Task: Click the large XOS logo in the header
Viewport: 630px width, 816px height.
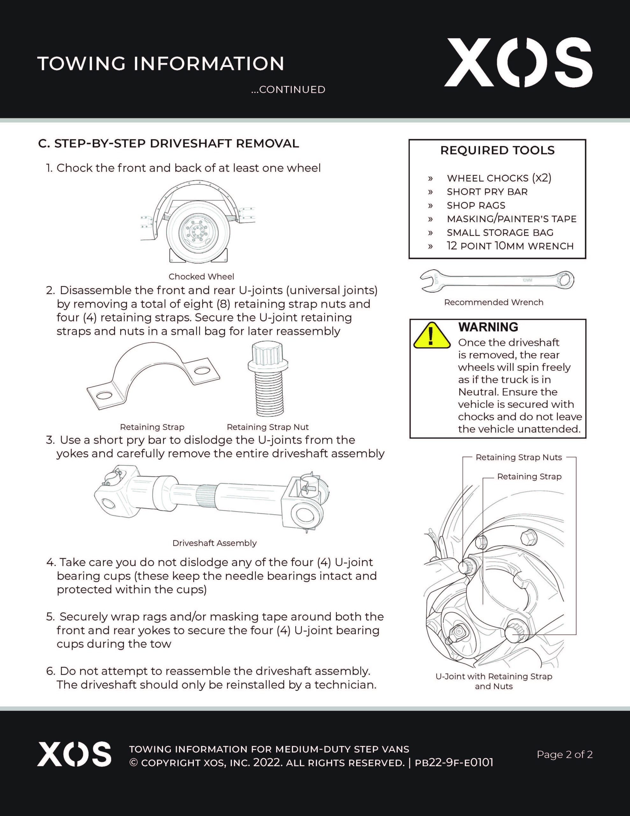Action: coord(518,63)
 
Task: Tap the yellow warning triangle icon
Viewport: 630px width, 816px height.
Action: coord(432,336)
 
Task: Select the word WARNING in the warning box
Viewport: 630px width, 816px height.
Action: coord(488,327)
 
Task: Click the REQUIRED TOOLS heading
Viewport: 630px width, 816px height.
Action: coord(497,150)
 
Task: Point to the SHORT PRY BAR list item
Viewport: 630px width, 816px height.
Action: coord(487,192)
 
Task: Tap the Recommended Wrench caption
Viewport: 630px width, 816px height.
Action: coord(493,302)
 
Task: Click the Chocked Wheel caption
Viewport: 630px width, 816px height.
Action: coord(201,276)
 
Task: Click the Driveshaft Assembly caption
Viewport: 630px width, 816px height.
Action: coord(214,543)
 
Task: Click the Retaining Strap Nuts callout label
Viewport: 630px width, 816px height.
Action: coord(518,457)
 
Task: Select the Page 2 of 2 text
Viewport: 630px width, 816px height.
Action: coord(564,754)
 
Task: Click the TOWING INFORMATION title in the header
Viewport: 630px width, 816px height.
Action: coord(161,63)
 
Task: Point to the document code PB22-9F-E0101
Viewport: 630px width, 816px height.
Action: coord(454,762)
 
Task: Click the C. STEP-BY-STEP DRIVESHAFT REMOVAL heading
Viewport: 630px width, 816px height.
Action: coord(168,143)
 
